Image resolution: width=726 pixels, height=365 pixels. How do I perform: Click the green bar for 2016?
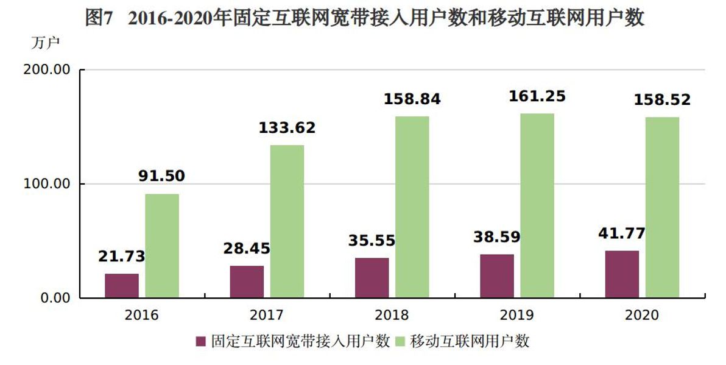pyautogui.click(x=162, y=246)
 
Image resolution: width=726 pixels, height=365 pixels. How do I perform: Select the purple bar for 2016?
pyautogui.click(x=122, y=285)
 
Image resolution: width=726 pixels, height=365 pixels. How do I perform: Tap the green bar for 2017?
pyautogui.click(x=287, y=221)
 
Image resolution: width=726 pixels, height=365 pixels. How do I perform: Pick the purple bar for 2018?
pyautogui.click(x=372, y=277)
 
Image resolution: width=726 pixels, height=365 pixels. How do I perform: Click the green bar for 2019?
pyautogui.click(x=537, y=205)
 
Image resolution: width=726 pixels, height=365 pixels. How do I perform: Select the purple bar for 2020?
pyautogui.click(x=622, y=274)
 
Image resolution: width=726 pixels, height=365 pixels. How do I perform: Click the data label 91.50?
pyautogui.click(x=162, y=176)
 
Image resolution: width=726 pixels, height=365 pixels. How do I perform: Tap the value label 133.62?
pyautogui.click(x=287, y=128)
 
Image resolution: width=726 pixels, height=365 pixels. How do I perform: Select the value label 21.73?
pyautogui.click(x=122, y=257)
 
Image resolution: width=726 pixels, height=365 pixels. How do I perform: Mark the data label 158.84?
pyautogui.click(x=412, y=99)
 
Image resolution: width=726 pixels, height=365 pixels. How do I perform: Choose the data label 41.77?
pyautogui.click(x=622, y=233)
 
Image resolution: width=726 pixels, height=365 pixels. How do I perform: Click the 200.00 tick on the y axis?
pyautogui.click(x=47, y=69)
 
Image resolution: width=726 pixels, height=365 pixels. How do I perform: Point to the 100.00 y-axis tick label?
pyautogui.click(x=47, y=183)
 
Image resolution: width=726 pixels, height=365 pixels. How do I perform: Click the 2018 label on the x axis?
pyautogui.click(x=392, y=316)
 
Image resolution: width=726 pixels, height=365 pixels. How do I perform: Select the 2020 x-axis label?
pyautogui.click(x=642, y=316)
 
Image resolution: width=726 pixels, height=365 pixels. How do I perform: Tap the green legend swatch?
pyautogui.click(x=401, y=342)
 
